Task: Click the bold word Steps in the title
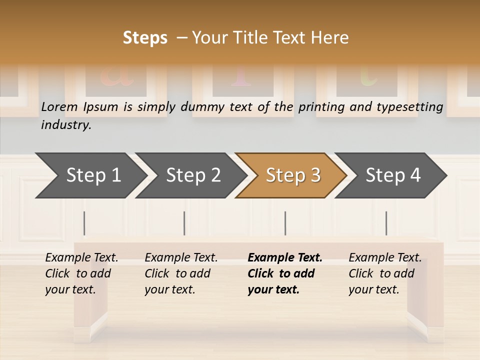(145, 38)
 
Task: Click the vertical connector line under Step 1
(84, 223)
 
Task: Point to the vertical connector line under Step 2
(184, 223)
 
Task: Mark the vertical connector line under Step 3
(285, 223)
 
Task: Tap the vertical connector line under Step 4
(386, 223)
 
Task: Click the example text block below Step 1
(81, 273)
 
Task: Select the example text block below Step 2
(181, 273)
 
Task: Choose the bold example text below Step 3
(284, 273)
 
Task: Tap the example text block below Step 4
(385, 273)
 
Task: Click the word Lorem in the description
(59, 107)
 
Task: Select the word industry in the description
(65, 125)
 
